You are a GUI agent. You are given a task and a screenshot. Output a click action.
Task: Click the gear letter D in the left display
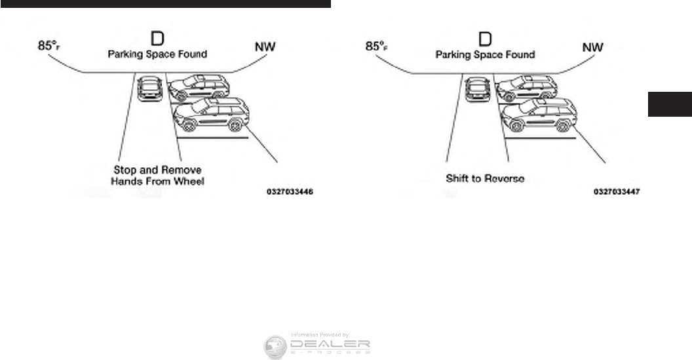157,37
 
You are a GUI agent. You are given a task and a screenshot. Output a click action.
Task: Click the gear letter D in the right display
485,37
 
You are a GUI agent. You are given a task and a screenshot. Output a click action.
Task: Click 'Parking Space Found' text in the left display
157,54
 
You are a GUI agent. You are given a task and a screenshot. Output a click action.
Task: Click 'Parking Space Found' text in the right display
485,54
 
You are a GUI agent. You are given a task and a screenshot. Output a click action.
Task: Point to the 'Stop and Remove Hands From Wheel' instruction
157,176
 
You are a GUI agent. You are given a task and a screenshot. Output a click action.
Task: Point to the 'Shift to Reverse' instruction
485,178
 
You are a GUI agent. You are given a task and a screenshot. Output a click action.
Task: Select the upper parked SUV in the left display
199,87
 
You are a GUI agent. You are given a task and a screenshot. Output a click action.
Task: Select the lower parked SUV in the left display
211,115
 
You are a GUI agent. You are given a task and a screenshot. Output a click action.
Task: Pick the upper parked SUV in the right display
527,87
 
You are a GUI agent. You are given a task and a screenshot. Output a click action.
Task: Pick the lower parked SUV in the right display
539,115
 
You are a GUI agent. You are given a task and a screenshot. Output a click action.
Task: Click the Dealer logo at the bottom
317,346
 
